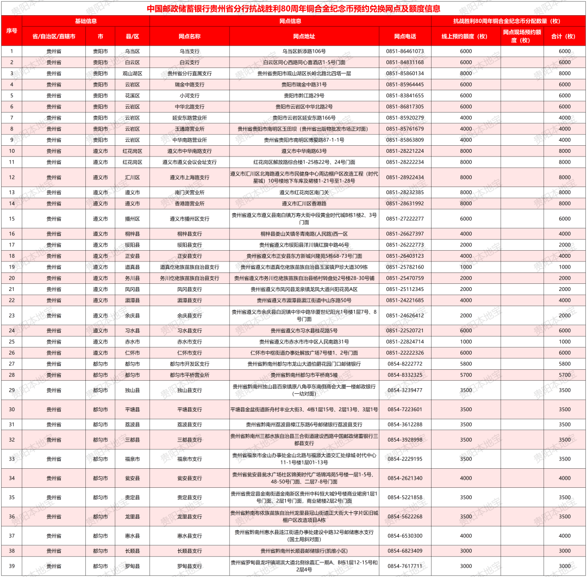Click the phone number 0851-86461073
click(405, 51)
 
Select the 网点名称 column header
click(189, 36)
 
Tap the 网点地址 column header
click(304, 36)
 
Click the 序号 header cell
click(11, 30)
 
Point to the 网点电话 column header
click(405, 36)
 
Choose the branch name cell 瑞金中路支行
click(189, 84)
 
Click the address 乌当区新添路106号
click(304, 51)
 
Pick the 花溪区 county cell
click(132, 95)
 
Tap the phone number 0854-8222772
click(405, 364)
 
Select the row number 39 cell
click(11, 566)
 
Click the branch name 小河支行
click(189, 95)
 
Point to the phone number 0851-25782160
click(405, 267)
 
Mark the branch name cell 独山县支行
click(189, 390)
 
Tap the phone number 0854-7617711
click(405, 566)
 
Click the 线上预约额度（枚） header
click(466, 36)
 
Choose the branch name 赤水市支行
click(189, 342)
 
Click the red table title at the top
click(293, 9)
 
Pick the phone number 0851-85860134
click(405, 73)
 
